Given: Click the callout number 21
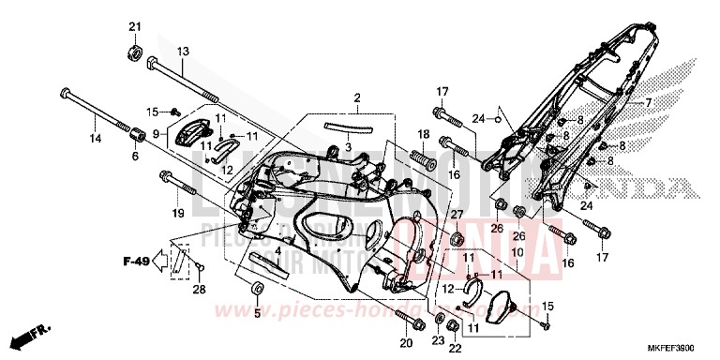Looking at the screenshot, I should coord(134,25).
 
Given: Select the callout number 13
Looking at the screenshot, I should coord(183,51).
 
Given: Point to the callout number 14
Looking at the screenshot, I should coord(95,139).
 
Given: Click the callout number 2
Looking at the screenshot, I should coord(357,97).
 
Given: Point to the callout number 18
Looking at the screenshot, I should coord(423,136).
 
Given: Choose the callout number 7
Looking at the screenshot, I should coord(646,101).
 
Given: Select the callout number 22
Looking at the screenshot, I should coord(457,348).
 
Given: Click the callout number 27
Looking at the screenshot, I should coord(458,216).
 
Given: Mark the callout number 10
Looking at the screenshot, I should coord(517,253).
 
